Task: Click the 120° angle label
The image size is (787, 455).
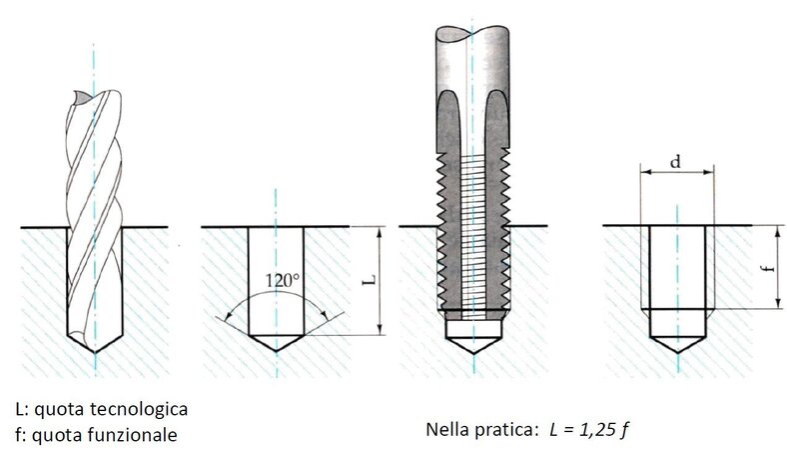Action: pos(282,281)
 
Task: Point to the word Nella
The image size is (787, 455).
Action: pos(447,430)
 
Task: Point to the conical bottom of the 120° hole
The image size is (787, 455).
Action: pos(275,345)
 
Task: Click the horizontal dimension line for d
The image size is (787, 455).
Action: pos(677,172)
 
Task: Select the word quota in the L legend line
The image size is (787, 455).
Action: pos(56,410)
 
